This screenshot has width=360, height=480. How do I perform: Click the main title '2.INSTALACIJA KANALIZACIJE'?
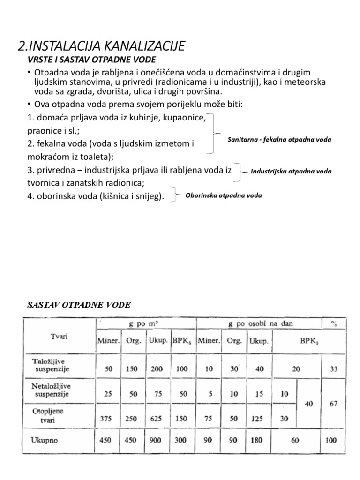click(101, 46)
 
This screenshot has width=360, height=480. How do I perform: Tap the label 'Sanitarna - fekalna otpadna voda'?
click(279, 140)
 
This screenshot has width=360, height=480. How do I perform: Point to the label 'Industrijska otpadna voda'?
click(291, 171)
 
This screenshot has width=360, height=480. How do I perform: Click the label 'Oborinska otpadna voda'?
click(224, 195)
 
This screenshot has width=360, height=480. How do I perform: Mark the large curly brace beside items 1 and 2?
click(214, 133)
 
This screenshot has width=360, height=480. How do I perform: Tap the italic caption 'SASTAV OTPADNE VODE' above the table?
click(79, 305)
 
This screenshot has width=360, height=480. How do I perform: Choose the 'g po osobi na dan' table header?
click(258, 323)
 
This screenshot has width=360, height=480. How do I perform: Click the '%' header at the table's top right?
click(334, 323)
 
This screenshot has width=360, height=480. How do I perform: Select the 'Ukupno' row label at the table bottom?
click(48, 439)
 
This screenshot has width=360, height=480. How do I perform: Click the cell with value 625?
click(157, 419)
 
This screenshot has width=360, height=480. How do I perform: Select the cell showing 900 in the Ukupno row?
click(157, 440)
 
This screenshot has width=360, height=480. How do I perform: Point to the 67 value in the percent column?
click(333, 404)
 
